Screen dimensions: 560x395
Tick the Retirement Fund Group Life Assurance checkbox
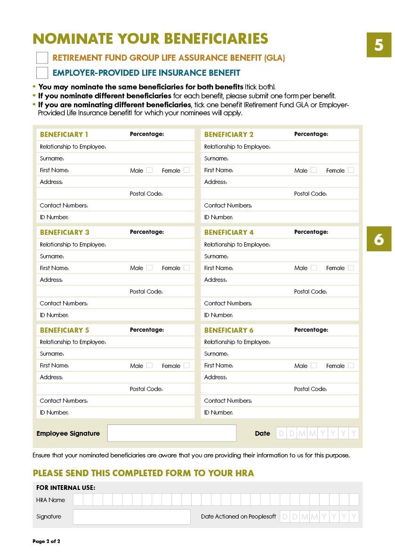[42, 58]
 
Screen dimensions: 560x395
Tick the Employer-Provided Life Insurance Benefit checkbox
[42, 73]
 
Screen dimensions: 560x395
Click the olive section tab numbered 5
[379, 45]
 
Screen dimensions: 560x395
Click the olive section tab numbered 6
[379, 240]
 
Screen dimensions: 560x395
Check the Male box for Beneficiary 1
[149, 170]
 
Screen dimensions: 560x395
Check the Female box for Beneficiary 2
[351, 170]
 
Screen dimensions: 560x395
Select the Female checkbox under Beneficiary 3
[186, 268]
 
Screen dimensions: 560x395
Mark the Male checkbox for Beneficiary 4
[314, 268]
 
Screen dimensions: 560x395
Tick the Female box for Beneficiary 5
[186, 366]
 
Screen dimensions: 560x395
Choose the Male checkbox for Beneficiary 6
[314, 366]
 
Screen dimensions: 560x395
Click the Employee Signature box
[172, 433]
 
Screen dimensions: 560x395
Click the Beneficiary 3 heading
[64, 232]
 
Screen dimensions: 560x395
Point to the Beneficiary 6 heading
[229, 330]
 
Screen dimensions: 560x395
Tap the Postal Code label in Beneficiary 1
[146, 194]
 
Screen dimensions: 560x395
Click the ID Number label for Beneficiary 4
[218, 315]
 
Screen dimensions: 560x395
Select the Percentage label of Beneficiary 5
[147, 330]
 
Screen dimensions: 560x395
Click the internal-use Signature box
[131, 517]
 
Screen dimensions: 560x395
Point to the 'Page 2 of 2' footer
[46, 541]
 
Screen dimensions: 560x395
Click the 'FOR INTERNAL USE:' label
[65, 488]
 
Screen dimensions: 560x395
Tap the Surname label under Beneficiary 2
[216, 159]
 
